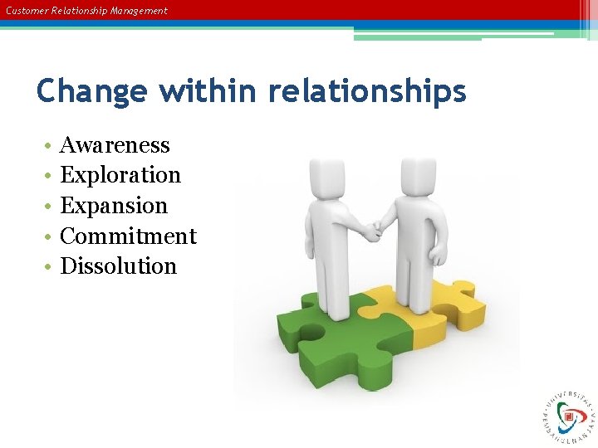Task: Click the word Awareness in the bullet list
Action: coord(115,145)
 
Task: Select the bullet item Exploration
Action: coord(120,175)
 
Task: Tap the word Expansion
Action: coord(114,206)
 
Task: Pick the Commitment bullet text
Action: coord(128,236)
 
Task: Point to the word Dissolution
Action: coord(119,266)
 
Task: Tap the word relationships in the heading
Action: coord(366,90)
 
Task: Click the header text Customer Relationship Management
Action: coord(86,11)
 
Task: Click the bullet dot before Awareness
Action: coord(50,146)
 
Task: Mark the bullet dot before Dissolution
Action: coord(50,267)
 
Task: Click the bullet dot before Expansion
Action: coord(50,207)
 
